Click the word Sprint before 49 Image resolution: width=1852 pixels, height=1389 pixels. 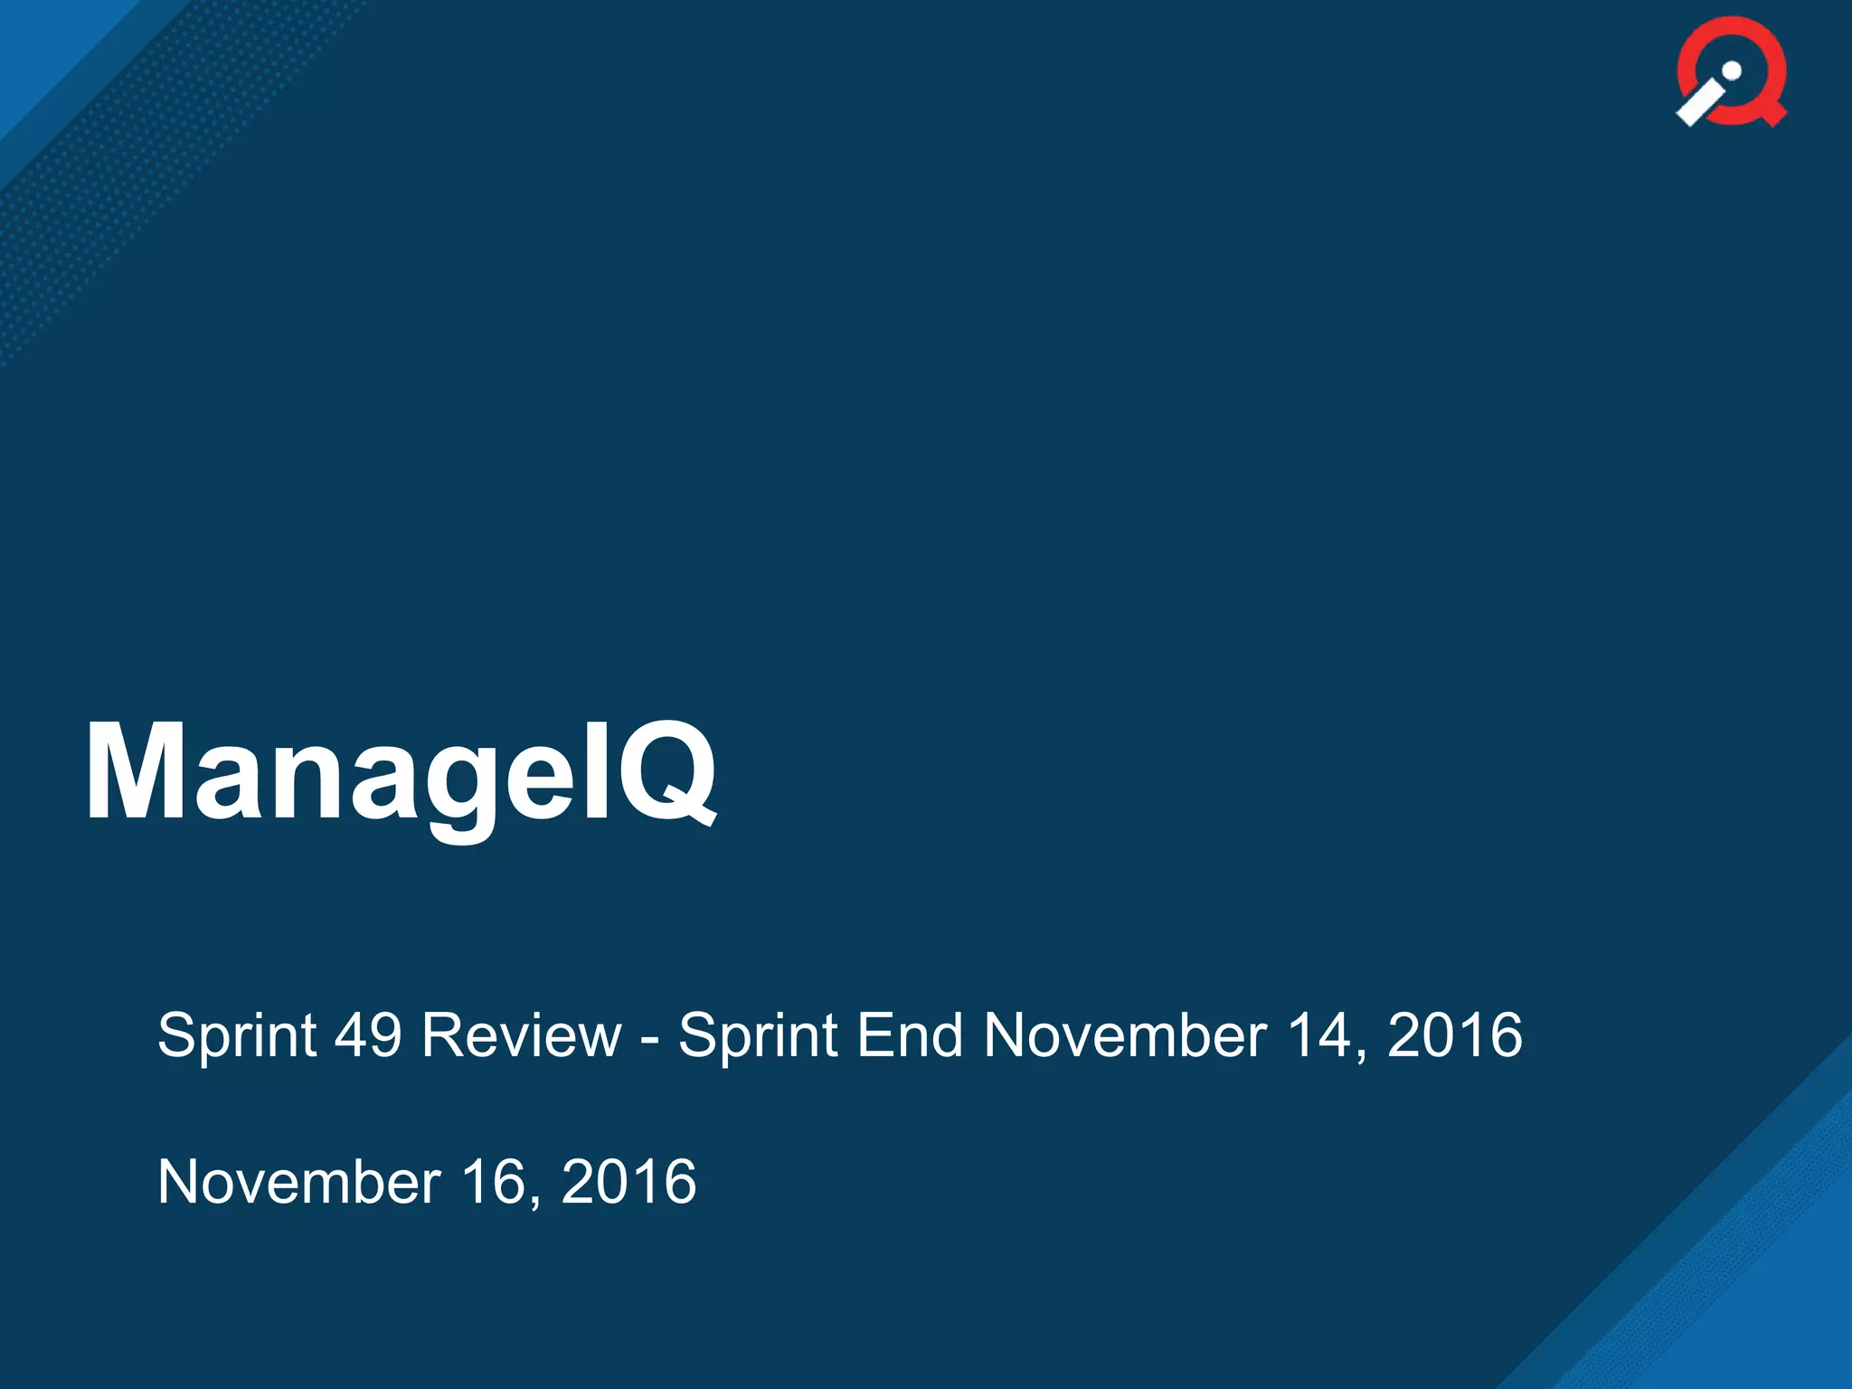pyautogui.click(x=237, y=1035)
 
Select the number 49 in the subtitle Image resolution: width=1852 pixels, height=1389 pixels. pyautogui.click(x=368, y=1035)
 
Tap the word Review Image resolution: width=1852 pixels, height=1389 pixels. pyautogui.click(x=522, y=1035)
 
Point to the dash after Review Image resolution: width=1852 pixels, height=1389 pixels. pyautogui.click(x=649, y=1037)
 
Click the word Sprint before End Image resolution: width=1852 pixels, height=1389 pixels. pyautogui.click(x=758, y=1035)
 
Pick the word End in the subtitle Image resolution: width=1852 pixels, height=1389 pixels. pyautogui.click(x=910, y=1035)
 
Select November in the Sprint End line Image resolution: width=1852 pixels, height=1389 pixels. pyautogui.click(x=1125, y=1035)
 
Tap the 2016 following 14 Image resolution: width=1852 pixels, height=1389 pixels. pyautogui.click(x=1455, y=1035)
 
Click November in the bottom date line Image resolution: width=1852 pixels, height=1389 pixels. pyautogui.click(x=299, y=1182)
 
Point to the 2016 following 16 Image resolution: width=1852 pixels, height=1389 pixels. pyautogui.click(x=629, y=1182)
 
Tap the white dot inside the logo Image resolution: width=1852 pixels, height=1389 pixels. pyautogui.click(x=1732, y=71)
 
